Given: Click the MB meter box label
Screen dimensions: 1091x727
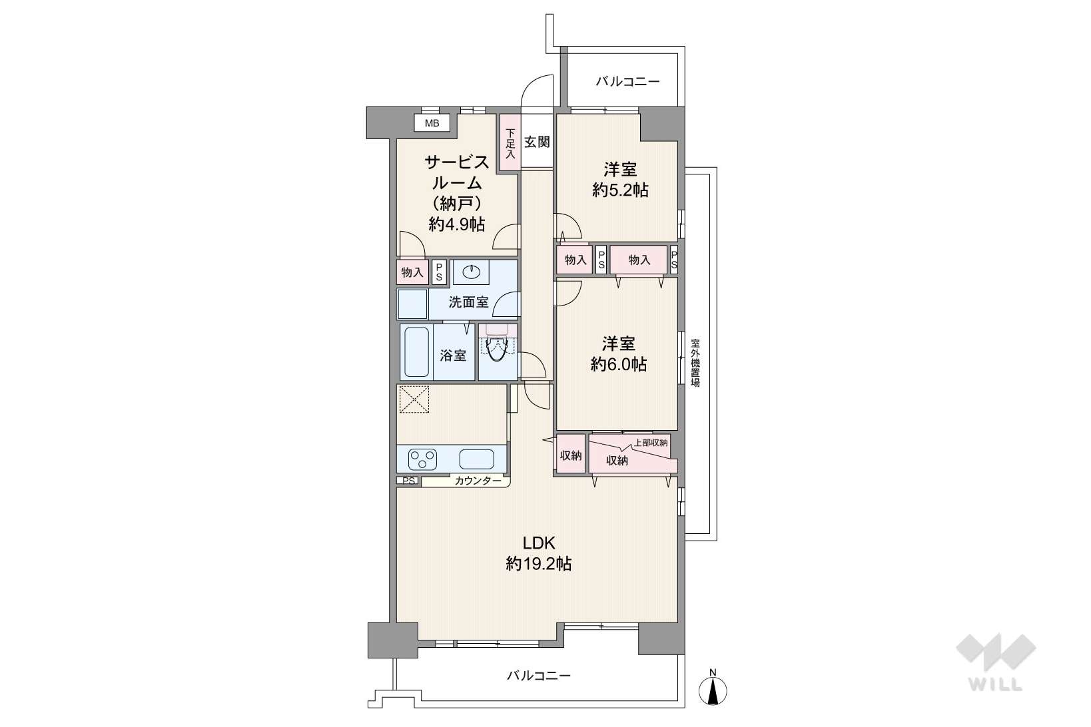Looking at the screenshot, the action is (432, 123).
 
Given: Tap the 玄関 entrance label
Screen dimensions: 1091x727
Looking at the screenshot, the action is (537, 142).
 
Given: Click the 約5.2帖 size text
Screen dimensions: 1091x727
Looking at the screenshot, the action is (620, 190).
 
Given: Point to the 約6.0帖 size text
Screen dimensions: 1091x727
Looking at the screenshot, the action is (619, 364).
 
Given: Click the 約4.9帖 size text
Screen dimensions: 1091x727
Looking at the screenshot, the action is (457, 224).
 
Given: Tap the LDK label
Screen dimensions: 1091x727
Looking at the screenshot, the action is (539, 543).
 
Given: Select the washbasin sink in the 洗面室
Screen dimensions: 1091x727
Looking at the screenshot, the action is (471, 272).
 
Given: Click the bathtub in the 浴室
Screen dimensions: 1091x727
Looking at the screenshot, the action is (416, 352).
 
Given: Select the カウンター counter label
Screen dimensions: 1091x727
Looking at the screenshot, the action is (478, 481).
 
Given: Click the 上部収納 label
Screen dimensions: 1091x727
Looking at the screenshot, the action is (651, 443).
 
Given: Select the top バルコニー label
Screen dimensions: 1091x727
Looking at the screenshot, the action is (628, 81).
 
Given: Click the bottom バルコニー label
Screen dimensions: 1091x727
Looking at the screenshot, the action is (539, 675).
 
